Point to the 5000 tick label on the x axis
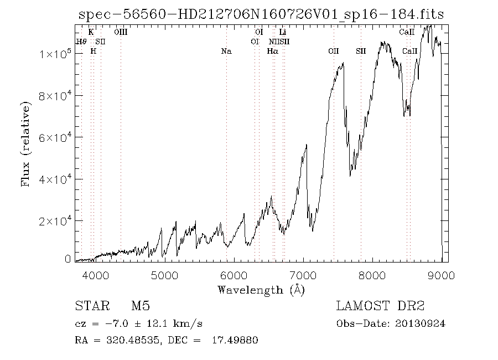[x=164, y=274]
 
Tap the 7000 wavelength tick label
[x=303, y=274]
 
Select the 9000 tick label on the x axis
[x=442, y=274]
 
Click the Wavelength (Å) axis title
[x=261, y=290]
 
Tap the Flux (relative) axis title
[x=25, y=143]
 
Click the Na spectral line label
[x=226, y=52]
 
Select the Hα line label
[x=272, y=52]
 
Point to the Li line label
[x=283, y=32]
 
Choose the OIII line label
[x=121, y=32]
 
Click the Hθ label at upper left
[x=81, y=42]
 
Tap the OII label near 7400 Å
[x=333, y=52]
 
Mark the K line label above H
[x=91, y=32]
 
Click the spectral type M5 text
[x=141, y=306]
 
